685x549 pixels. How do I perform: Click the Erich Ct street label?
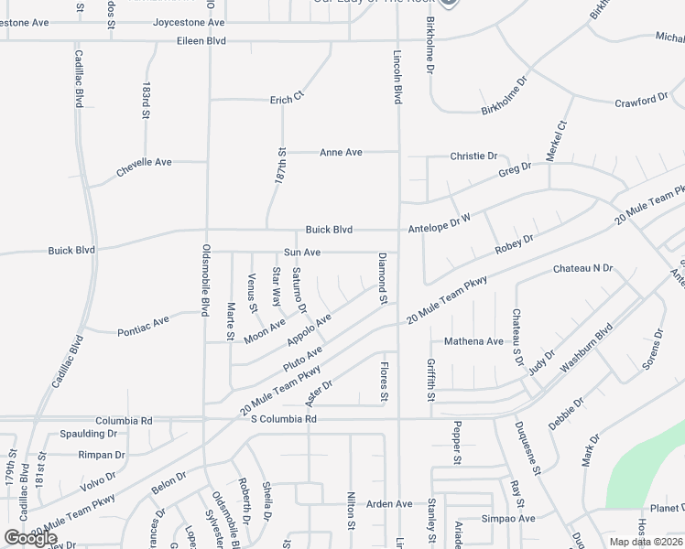point(286,100)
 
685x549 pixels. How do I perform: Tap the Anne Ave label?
point(341,152)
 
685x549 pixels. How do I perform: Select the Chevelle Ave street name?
point(144,163)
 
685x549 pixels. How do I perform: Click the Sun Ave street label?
point(301,252)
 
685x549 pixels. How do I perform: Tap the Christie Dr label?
point(473,156)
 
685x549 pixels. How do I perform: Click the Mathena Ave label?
point(473,341)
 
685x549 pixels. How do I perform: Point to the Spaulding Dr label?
point(89,434)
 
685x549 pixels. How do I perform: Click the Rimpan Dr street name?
point(101,455)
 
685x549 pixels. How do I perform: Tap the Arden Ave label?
point(389,504)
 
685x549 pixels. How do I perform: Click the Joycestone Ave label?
point(189,22)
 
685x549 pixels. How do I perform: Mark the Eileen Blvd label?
point(201,41)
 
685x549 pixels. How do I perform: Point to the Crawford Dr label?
point(641,101)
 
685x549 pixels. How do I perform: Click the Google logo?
point(31,538)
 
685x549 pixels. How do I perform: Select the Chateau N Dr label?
point(582,269)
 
